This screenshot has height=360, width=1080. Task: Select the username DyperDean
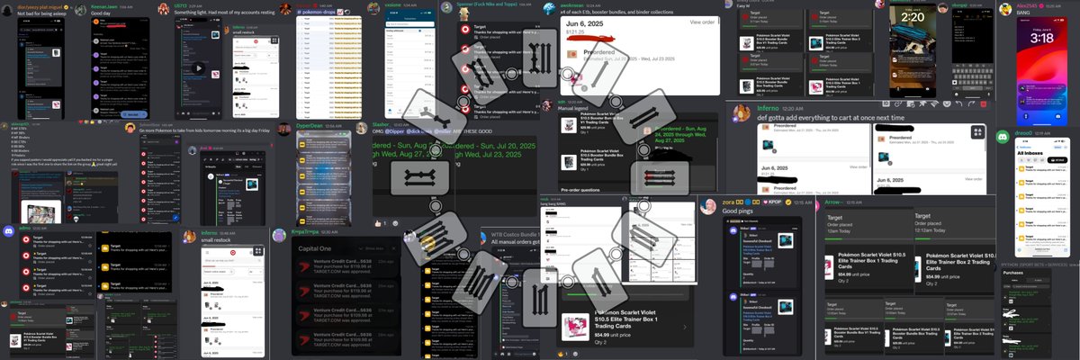[309, 126]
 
